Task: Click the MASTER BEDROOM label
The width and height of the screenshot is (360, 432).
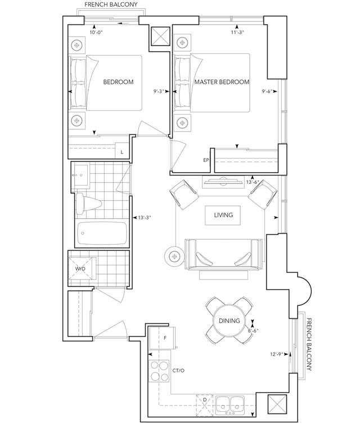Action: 222,82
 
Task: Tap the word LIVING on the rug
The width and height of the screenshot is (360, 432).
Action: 223,215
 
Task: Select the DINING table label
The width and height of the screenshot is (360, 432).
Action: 229,321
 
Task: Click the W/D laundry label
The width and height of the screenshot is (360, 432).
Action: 81,269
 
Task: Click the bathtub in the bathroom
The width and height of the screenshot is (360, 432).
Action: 102,231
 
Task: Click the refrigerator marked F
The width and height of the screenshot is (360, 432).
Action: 165,338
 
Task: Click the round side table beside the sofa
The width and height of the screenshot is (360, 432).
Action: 174,256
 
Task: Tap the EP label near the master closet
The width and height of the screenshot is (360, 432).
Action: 206,160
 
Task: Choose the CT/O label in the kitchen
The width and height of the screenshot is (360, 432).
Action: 179,371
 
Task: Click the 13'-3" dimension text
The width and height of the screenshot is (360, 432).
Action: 145,218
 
